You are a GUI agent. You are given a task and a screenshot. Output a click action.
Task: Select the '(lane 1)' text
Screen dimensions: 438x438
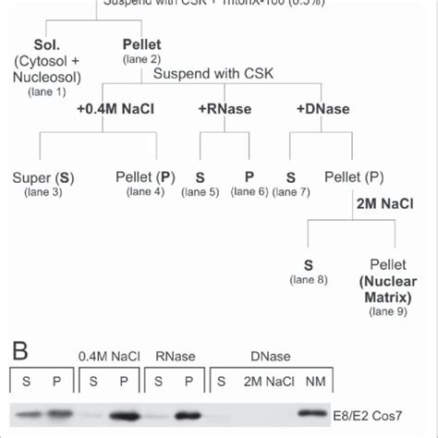48,91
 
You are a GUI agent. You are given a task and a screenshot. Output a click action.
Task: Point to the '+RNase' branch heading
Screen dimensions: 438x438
217,108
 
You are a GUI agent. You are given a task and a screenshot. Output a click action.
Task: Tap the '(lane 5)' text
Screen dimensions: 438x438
201,191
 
